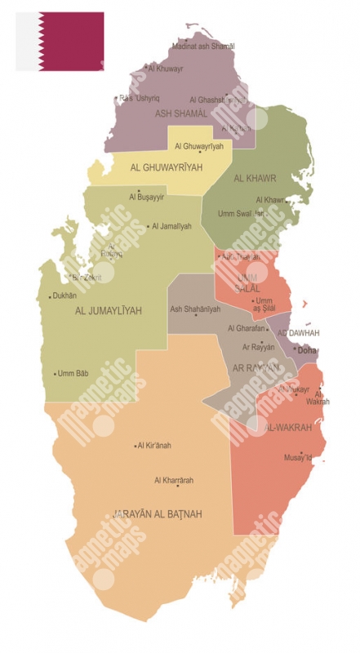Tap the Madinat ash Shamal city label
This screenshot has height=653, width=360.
(203, 47)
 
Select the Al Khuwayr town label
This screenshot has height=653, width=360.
(167, 69)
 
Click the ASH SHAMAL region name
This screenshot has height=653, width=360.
(181, 113)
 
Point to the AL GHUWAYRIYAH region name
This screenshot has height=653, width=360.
(166, 168)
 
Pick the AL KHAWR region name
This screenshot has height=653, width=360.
(255, 178)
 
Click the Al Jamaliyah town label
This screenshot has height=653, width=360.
(172, 226)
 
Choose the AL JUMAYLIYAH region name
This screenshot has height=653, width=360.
(109, 311)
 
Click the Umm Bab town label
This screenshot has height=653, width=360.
(73, 374)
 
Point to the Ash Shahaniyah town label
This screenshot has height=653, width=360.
(195, 309)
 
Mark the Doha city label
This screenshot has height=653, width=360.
(308, 350)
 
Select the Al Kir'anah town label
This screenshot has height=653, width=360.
(154, 446)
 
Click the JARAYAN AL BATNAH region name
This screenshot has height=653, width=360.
(157, 514)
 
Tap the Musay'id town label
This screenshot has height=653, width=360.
(298, 458)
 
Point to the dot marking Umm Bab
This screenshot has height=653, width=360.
(54, 374)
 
